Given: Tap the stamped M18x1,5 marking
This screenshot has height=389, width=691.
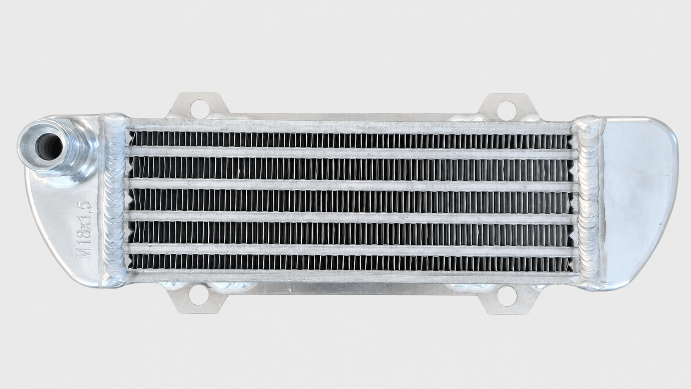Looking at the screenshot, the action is point(84,230).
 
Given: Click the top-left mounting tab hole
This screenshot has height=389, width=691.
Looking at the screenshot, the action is point(199,109).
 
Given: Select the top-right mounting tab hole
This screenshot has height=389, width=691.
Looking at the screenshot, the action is point(507,109).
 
